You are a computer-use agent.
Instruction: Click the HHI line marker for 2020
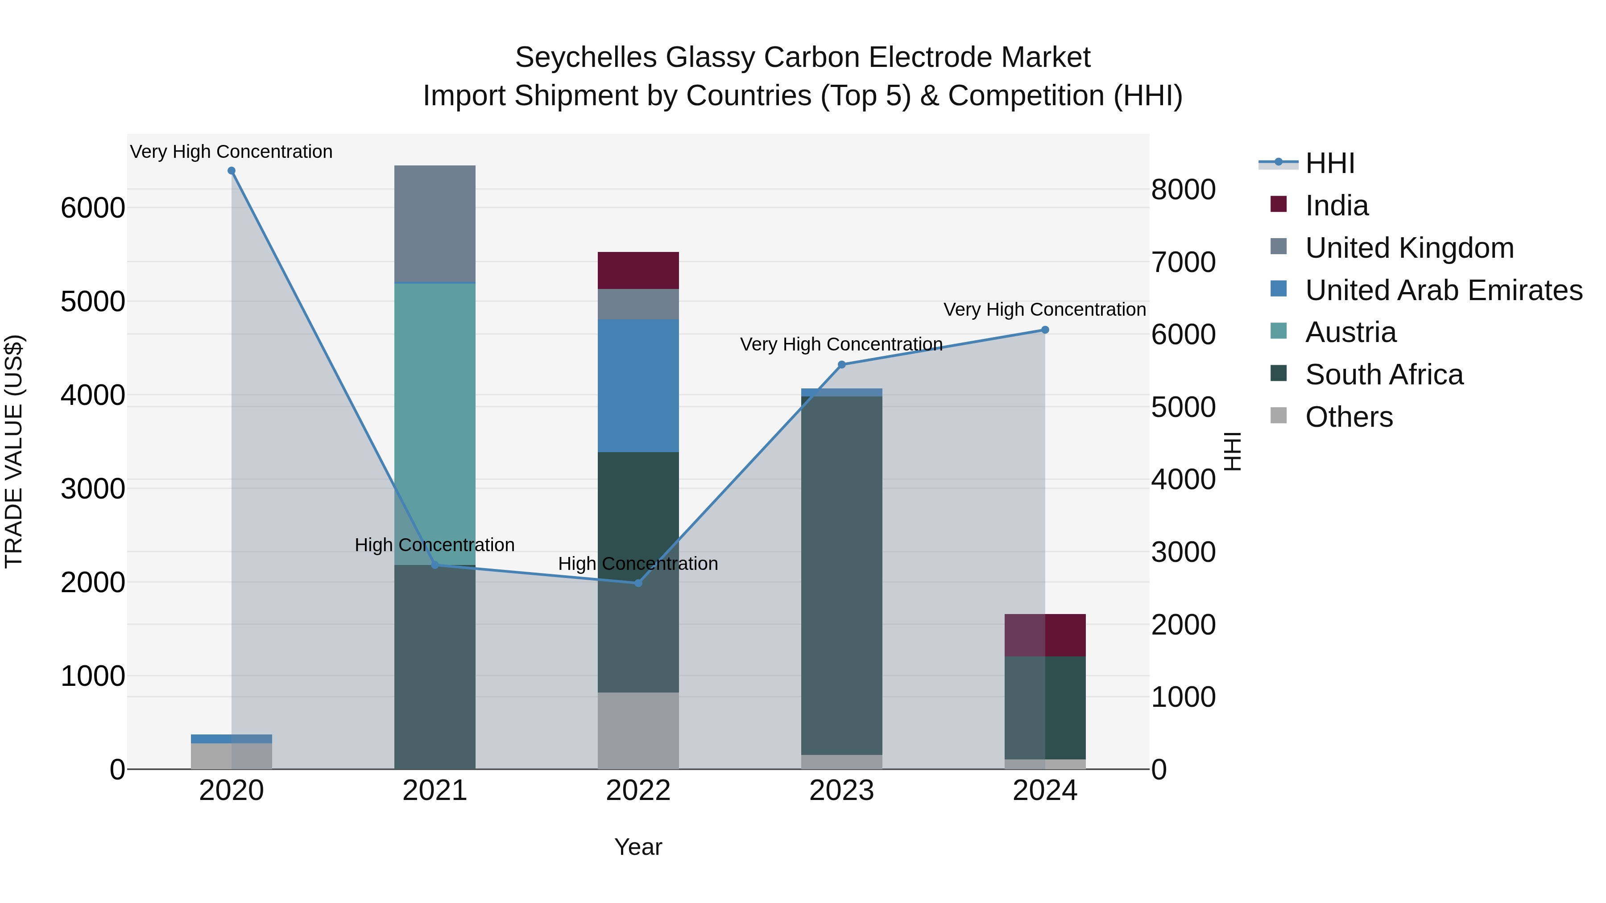[231, 171]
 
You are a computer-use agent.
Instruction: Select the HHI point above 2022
[638, 583]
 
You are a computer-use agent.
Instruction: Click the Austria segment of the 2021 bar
[435, 424]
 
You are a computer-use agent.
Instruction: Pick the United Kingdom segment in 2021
[435, 224]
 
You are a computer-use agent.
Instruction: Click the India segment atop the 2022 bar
[638, 271]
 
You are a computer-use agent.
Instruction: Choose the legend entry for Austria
[1350, 332]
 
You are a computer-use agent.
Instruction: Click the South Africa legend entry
[1383, 375]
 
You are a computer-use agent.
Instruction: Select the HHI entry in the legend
[1329, 163]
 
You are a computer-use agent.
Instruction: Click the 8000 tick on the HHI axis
[1183, 190]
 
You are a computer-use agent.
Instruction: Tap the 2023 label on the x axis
[842, 791]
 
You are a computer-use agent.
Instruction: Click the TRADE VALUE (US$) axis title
[14, 451]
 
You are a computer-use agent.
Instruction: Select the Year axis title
[638, 847]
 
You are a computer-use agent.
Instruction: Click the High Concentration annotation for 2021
[435, 544]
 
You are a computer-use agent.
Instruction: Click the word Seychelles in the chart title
[586, 58]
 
